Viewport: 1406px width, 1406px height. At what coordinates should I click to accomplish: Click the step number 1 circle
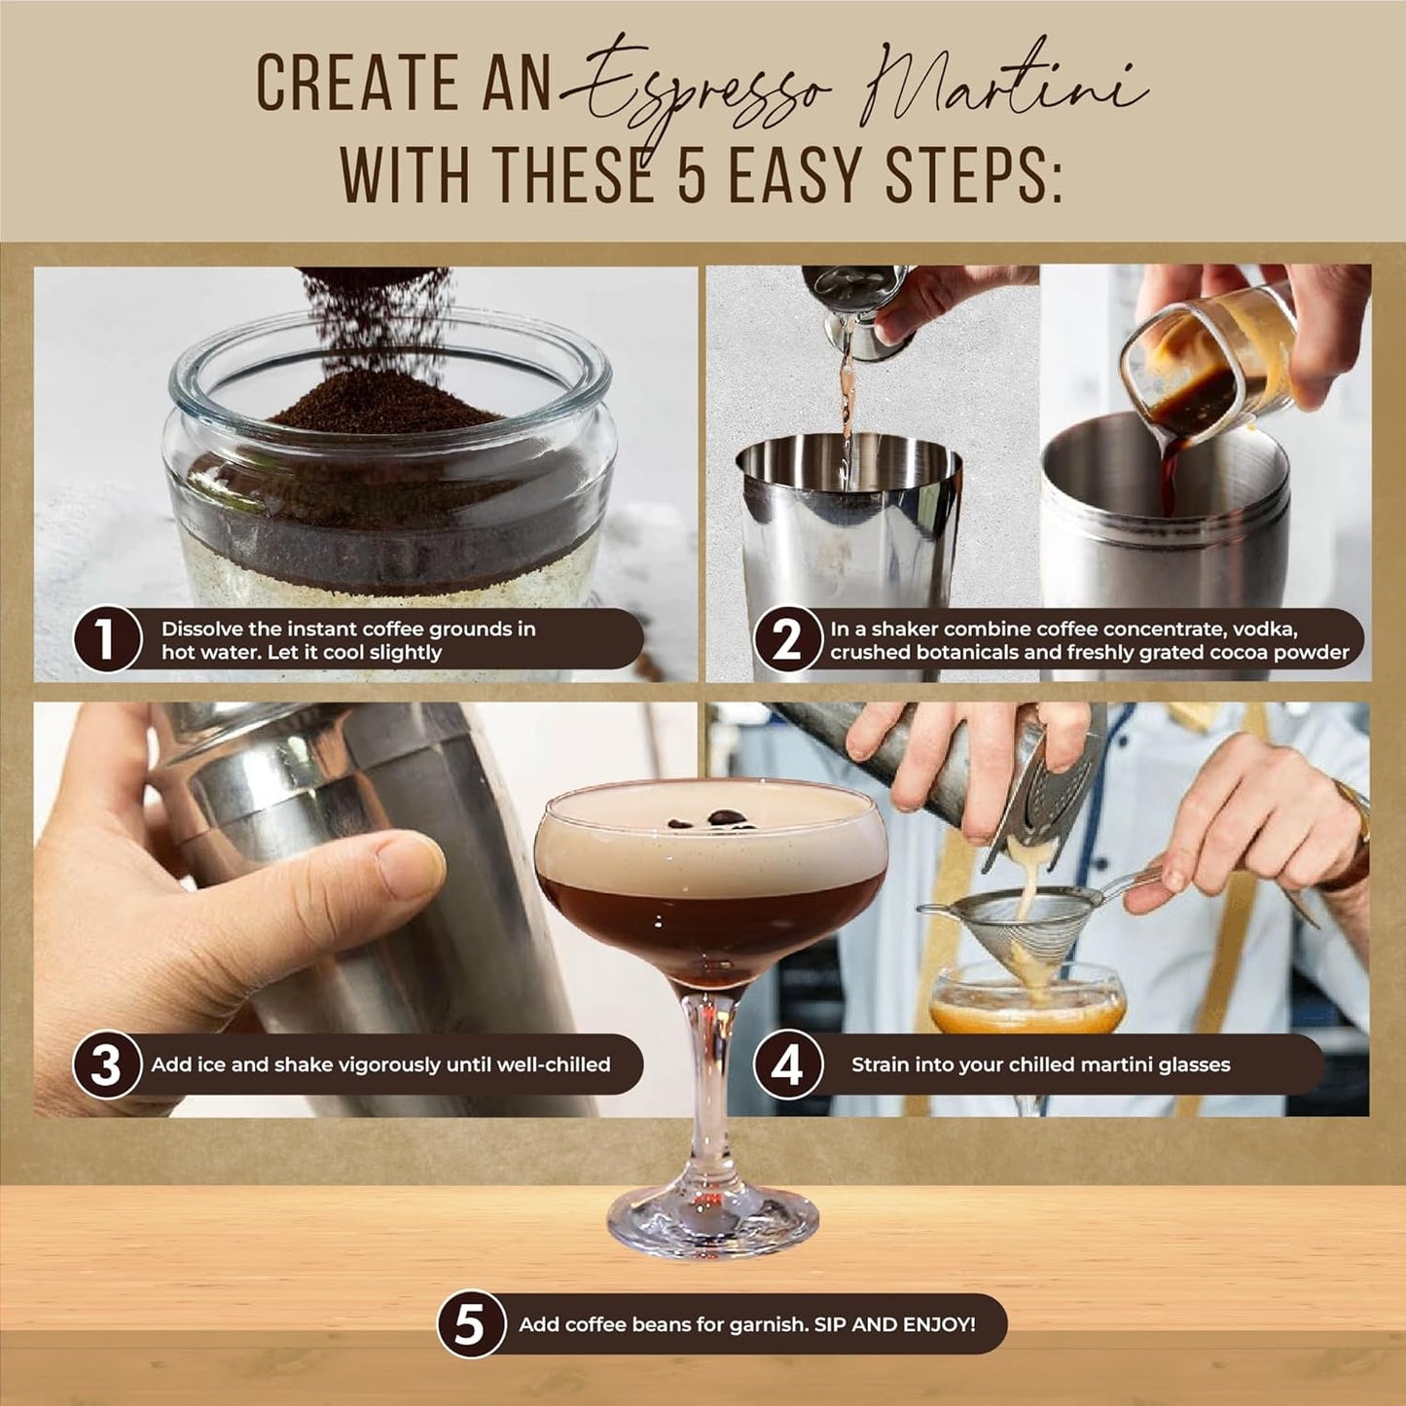pos(106,640)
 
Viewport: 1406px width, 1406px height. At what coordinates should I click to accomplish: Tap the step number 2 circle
pos(786,640)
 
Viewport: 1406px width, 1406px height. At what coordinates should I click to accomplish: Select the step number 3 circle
pos(106,1064)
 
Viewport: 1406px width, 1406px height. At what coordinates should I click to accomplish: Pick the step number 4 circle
pos(786,1064)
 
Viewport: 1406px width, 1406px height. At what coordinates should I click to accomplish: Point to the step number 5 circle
pos(470,1323)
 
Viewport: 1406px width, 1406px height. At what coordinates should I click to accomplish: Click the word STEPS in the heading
pos(972,175)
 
